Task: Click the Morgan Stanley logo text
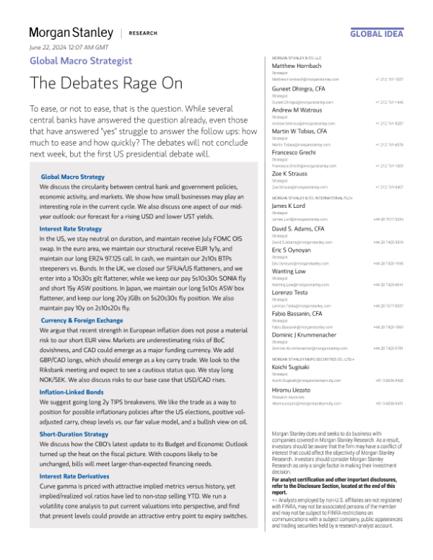[71, 32]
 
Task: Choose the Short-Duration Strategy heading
[74, 434]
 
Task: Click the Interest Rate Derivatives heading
[74, 476]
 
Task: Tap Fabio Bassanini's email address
[305, 327]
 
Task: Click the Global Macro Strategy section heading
[72, 156]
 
